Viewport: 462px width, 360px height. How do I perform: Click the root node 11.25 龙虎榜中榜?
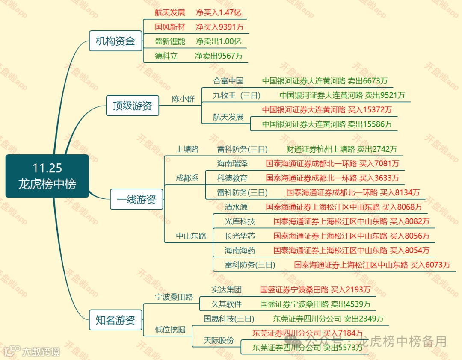[x=47, y=176]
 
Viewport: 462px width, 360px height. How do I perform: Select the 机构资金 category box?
[x=115, y=41]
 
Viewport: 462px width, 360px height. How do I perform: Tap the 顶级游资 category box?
[x=132, y=106]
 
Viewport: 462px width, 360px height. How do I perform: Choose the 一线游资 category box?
[x=136, y=199]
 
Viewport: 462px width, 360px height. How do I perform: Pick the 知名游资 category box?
[x=115, y=320]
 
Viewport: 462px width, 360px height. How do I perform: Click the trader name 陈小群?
[x=183, y=99]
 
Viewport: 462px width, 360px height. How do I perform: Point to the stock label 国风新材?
[x=170, y=27]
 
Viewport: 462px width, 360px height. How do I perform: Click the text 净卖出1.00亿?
[x=219, y=41]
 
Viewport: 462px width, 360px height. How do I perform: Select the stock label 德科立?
[x=166, y=56]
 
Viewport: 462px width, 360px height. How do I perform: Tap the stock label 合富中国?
[x=228, y=80]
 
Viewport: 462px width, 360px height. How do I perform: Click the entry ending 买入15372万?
[x=327, y=110]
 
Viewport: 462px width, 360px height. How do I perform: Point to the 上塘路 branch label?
[x=187, y=149]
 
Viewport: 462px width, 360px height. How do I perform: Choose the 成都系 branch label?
[x=187, y=178]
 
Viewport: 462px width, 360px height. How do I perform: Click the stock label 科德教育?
[x=232, y=178]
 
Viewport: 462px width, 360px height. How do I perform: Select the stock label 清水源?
[x=236, y=207]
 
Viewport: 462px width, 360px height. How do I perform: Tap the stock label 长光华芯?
[x=240, y=236]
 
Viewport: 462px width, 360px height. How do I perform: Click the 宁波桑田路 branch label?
[x=174, y=297]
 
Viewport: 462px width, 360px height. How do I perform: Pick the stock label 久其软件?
[x=226, y=304]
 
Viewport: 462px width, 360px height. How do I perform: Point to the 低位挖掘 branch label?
[x=170, y=329]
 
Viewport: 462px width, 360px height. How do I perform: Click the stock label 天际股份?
[x=219, y=340]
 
